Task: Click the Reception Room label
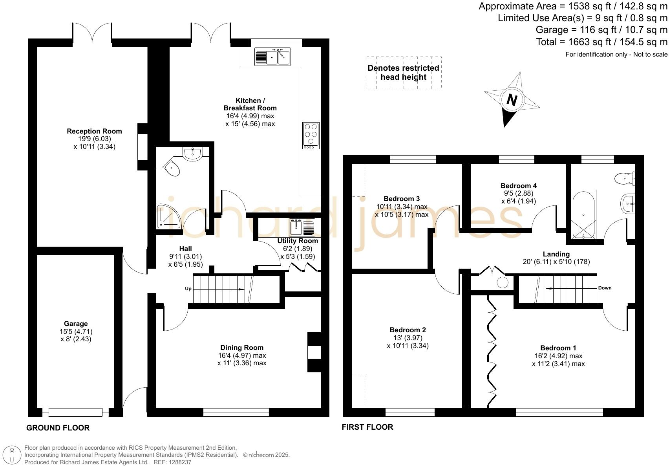[94, 131]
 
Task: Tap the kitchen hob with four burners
[311, 136]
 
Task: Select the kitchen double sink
[272, 57]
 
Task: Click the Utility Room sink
[302, 227]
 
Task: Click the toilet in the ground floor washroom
[172, 169]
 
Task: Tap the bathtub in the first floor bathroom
[584, 214]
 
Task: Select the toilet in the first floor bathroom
[624, 178]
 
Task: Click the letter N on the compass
[512, 100]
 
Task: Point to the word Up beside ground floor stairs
[188, 289]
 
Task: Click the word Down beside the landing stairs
[605, 288]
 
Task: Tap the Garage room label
[76, 324]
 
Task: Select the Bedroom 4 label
[518, 186]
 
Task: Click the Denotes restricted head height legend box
[403, 73]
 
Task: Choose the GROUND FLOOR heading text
[58, 428]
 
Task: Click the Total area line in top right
[601, 42]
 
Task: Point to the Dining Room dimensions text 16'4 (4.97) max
[242, 355]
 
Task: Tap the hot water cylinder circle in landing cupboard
[502, 282]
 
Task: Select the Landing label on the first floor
[556, 254]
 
